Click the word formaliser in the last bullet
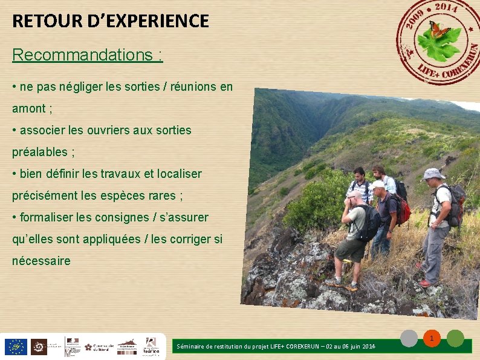coord(48,217)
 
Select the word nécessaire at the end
coord(41,261)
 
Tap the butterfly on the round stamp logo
coord(439,28)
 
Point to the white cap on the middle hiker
coord(378,185)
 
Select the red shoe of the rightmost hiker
coord(426,283)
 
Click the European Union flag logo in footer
coord(15,347)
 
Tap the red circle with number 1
coord(432,338)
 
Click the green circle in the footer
coord(455,338)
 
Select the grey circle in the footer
coord(410,338)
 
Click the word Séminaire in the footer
coord(192,347)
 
